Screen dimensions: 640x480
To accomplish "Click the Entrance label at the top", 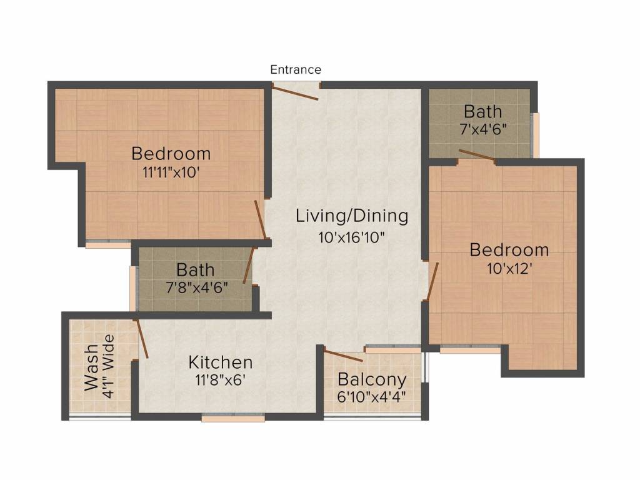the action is (x=296, y=69).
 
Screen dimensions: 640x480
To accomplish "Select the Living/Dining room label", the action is (x=352, y=216).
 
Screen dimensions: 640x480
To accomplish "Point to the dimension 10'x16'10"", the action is (x=351, y=237).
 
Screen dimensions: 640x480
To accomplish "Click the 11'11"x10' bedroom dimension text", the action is (x=171, y=172).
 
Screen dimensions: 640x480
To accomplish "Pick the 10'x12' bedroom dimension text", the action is (x=509, y=269).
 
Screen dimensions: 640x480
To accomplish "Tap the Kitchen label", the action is (x=221, y=362).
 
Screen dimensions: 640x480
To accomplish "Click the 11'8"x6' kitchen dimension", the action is (x=220, y=380).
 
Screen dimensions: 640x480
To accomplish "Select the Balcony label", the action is (x=372, y=379).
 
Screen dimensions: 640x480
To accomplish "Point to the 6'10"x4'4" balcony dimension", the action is (x=371, y=396).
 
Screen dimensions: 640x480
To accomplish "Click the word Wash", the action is (x=91, y=367).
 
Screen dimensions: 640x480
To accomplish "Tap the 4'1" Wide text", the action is (x=108, y=366).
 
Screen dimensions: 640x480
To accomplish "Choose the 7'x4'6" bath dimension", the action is (x=483, y=129).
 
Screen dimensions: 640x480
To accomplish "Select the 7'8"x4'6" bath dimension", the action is (x=197, y=287).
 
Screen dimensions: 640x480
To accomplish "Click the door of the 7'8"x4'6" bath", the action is (x=249, y=265).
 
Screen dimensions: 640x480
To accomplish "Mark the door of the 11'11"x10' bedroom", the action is (x=261, y=219).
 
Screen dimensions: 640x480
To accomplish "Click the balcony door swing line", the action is (x=343, y=356).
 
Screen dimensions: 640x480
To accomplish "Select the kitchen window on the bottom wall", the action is (x=233, y=417).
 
